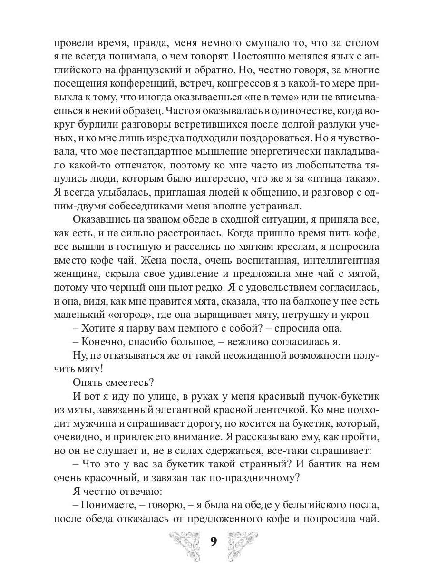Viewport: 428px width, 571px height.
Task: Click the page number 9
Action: tap(214, 543)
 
